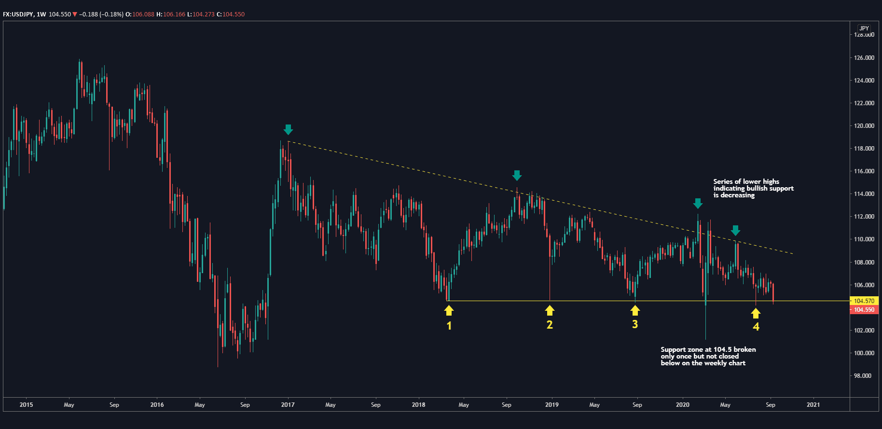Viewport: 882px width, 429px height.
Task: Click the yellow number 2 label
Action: (550, 325)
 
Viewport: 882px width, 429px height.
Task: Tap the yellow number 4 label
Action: (756, 327)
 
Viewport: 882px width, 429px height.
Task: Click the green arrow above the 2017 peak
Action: (288, 129)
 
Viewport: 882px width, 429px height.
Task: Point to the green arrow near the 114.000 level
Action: (517, 175)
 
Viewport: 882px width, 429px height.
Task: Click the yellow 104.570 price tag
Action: (864, 301)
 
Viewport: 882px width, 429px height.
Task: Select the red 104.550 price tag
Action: (864, 310)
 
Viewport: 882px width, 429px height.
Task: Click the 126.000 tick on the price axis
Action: (864, 58)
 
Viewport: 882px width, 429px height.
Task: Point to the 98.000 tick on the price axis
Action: (862, 376)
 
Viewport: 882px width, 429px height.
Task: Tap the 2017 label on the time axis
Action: (288, 405)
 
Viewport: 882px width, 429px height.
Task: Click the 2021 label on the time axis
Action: (813, 405)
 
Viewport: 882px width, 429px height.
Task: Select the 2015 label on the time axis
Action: (26, 405)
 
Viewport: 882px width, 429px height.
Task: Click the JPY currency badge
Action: (864, 28)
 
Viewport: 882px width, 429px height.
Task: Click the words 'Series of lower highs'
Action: (746, 181)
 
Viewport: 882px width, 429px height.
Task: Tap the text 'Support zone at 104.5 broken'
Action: (708, 349)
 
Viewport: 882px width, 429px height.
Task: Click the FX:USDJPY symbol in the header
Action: (18, 14)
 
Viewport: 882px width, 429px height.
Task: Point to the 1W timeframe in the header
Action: (41, 14)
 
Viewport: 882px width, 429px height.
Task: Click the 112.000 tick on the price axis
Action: (864, 217)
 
